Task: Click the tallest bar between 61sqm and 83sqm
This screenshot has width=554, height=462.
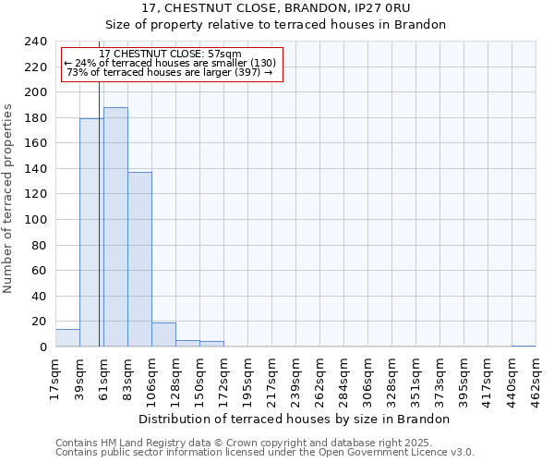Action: click(115, 227)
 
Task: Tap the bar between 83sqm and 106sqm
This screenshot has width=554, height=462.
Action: click(139, 260)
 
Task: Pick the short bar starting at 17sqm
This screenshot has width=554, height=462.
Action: click(67, 338)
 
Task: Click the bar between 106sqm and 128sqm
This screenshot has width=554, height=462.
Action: click(163, 335)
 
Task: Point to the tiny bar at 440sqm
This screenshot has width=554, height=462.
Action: click(524, 346)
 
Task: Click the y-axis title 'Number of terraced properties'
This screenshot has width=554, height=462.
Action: click(8, 199)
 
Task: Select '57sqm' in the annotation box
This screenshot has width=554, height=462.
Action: click(223, 54)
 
